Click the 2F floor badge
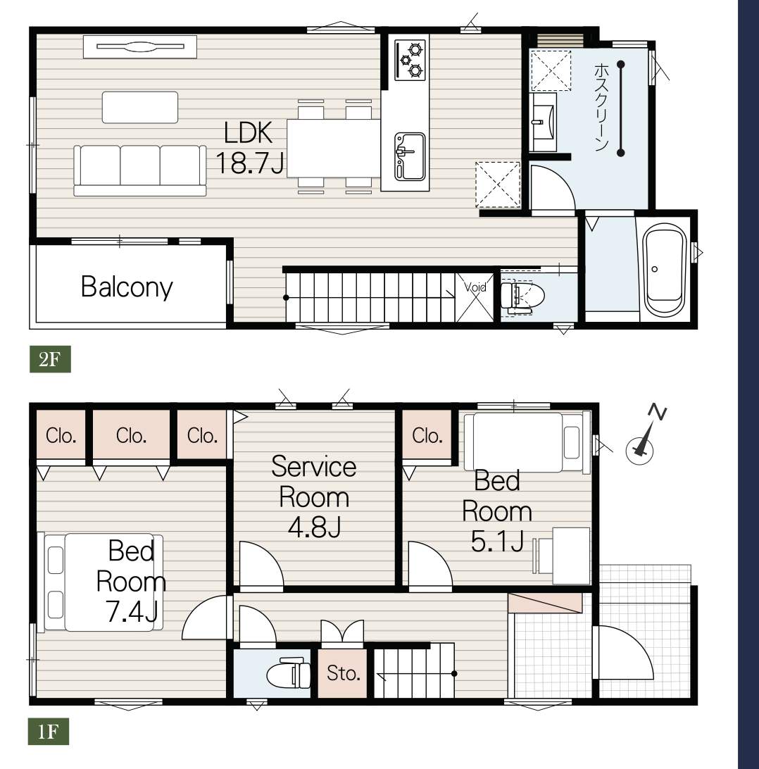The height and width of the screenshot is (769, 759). (x=50, y=359)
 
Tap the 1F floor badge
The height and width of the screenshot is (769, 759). (x=48, y=732)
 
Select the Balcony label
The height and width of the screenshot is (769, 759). (x=127, y=287)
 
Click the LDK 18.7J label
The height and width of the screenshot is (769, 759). (x=249, y=148)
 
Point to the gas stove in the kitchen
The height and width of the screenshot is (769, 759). (x=410, y=60)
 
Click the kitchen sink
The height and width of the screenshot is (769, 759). (x=410, y=156)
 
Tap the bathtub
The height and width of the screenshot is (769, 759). (x=665, y=270)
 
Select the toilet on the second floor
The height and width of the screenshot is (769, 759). (x=522, y=296)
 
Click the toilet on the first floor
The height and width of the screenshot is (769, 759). (x=289, y=673)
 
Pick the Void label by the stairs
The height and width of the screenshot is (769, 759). (x=475, y=287)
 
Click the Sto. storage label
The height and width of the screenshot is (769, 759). (x=343, y=673)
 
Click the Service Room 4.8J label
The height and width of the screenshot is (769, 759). (x=314, y=496)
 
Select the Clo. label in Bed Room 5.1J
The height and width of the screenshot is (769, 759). (x=427, y=435)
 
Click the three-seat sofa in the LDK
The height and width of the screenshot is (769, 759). (x=140, y=170)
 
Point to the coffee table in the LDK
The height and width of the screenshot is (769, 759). (x=139, y=107)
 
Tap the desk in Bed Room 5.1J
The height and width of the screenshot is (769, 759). (x=571, y=556)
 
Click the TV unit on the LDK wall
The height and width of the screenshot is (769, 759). (x=139, y=47)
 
